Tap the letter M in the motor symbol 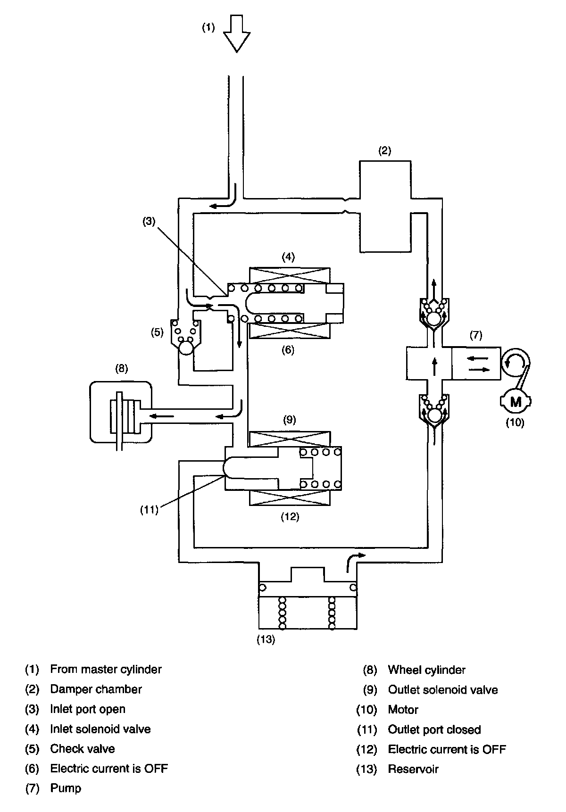tap(516, 402)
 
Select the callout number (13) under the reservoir tap(266, 640)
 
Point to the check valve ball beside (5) tap(185, 348)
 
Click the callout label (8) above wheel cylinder tap(121, 368)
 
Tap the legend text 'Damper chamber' tap(96, 689)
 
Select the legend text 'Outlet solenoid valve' tap(442, 690)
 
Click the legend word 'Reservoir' tap(413, 769)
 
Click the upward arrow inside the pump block tap(434, 366)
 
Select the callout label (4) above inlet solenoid tap(288, 257)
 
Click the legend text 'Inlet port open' tap(88, 709)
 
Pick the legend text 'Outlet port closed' tap(434, 729)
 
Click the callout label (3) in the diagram tap(149, 222)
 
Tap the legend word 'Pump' tap(66, 788)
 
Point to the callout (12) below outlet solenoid tap(290, 516)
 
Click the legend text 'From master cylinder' tap(106, 669)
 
